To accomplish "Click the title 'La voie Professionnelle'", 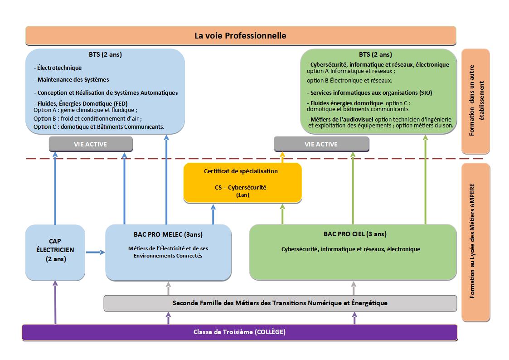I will [x=240, y=35].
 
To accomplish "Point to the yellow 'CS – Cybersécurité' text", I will [x=240, y=187].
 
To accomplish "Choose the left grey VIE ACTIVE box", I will [x=91, y=144].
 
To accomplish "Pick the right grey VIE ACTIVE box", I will [x=321, y=144].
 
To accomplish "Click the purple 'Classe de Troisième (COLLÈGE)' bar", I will [x=239, y=332].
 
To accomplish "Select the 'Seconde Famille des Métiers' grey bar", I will [x=280, y=303].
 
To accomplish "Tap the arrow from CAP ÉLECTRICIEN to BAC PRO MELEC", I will [x=95, y=252].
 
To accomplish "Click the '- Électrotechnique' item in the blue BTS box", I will [x=59, y=68].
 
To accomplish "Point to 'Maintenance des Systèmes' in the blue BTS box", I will [x=73, y=80].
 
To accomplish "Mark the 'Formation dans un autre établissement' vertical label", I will [x=475, y=102].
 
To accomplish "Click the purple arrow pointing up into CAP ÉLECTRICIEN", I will [x=56, y=302].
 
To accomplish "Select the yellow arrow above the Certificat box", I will [x=282, y=157].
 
